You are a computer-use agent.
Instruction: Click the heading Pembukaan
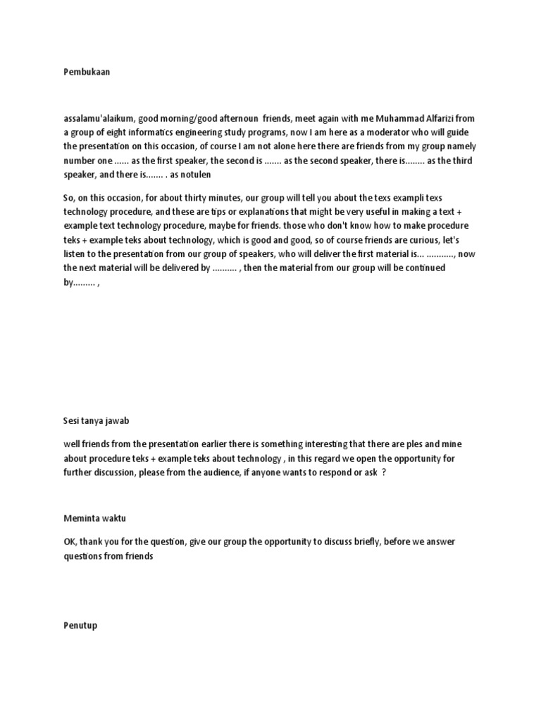[x=87, y=72]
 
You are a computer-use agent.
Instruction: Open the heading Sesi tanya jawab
[x=97, y=421]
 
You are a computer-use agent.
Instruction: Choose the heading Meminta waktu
[x=95, y=518]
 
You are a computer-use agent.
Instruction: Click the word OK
[x=70, y=541]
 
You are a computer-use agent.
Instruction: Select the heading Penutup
[x=80, y=625]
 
